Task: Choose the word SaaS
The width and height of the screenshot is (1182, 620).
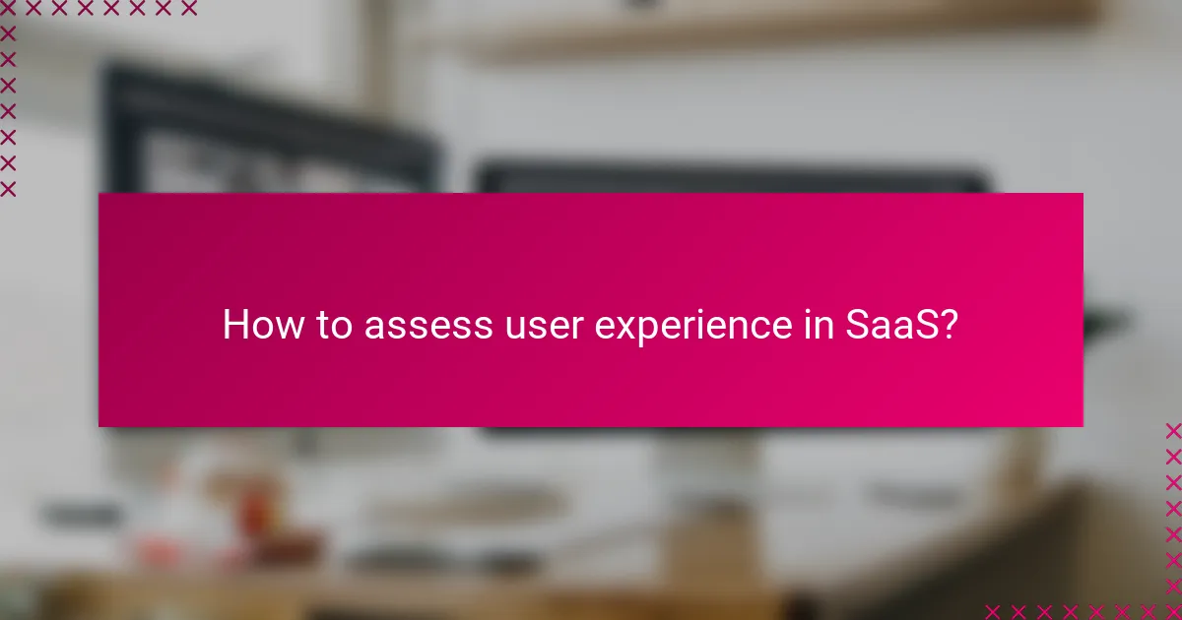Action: (x=889, y=325)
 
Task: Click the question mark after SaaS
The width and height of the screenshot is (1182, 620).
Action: (x=948, y=325)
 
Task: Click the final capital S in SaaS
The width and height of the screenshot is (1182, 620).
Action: (x=924, y=325)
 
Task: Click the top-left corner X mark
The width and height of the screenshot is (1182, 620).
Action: (x=8, y=9)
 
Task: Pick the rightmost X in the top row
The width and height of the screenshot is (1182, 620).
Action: (x=188, y=9)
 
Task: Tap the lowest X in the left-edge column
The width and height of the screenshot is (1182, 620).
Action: (x=8, y=188)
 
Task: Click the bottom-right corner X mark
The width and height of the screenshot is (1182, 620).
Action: (x=1172, y=610)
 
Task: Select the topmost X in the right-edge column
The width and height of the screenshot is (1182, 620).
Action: (x=1172, y=431)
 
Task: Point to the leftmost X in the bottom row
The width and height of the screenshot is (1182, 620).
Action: (x=993, y=610)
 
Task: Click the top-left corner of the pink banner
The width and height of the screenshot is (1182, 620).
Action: (x=98, y=193)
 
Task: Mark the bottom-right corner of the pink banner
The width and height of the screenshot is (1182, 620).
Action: (x=1083, y=426)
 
